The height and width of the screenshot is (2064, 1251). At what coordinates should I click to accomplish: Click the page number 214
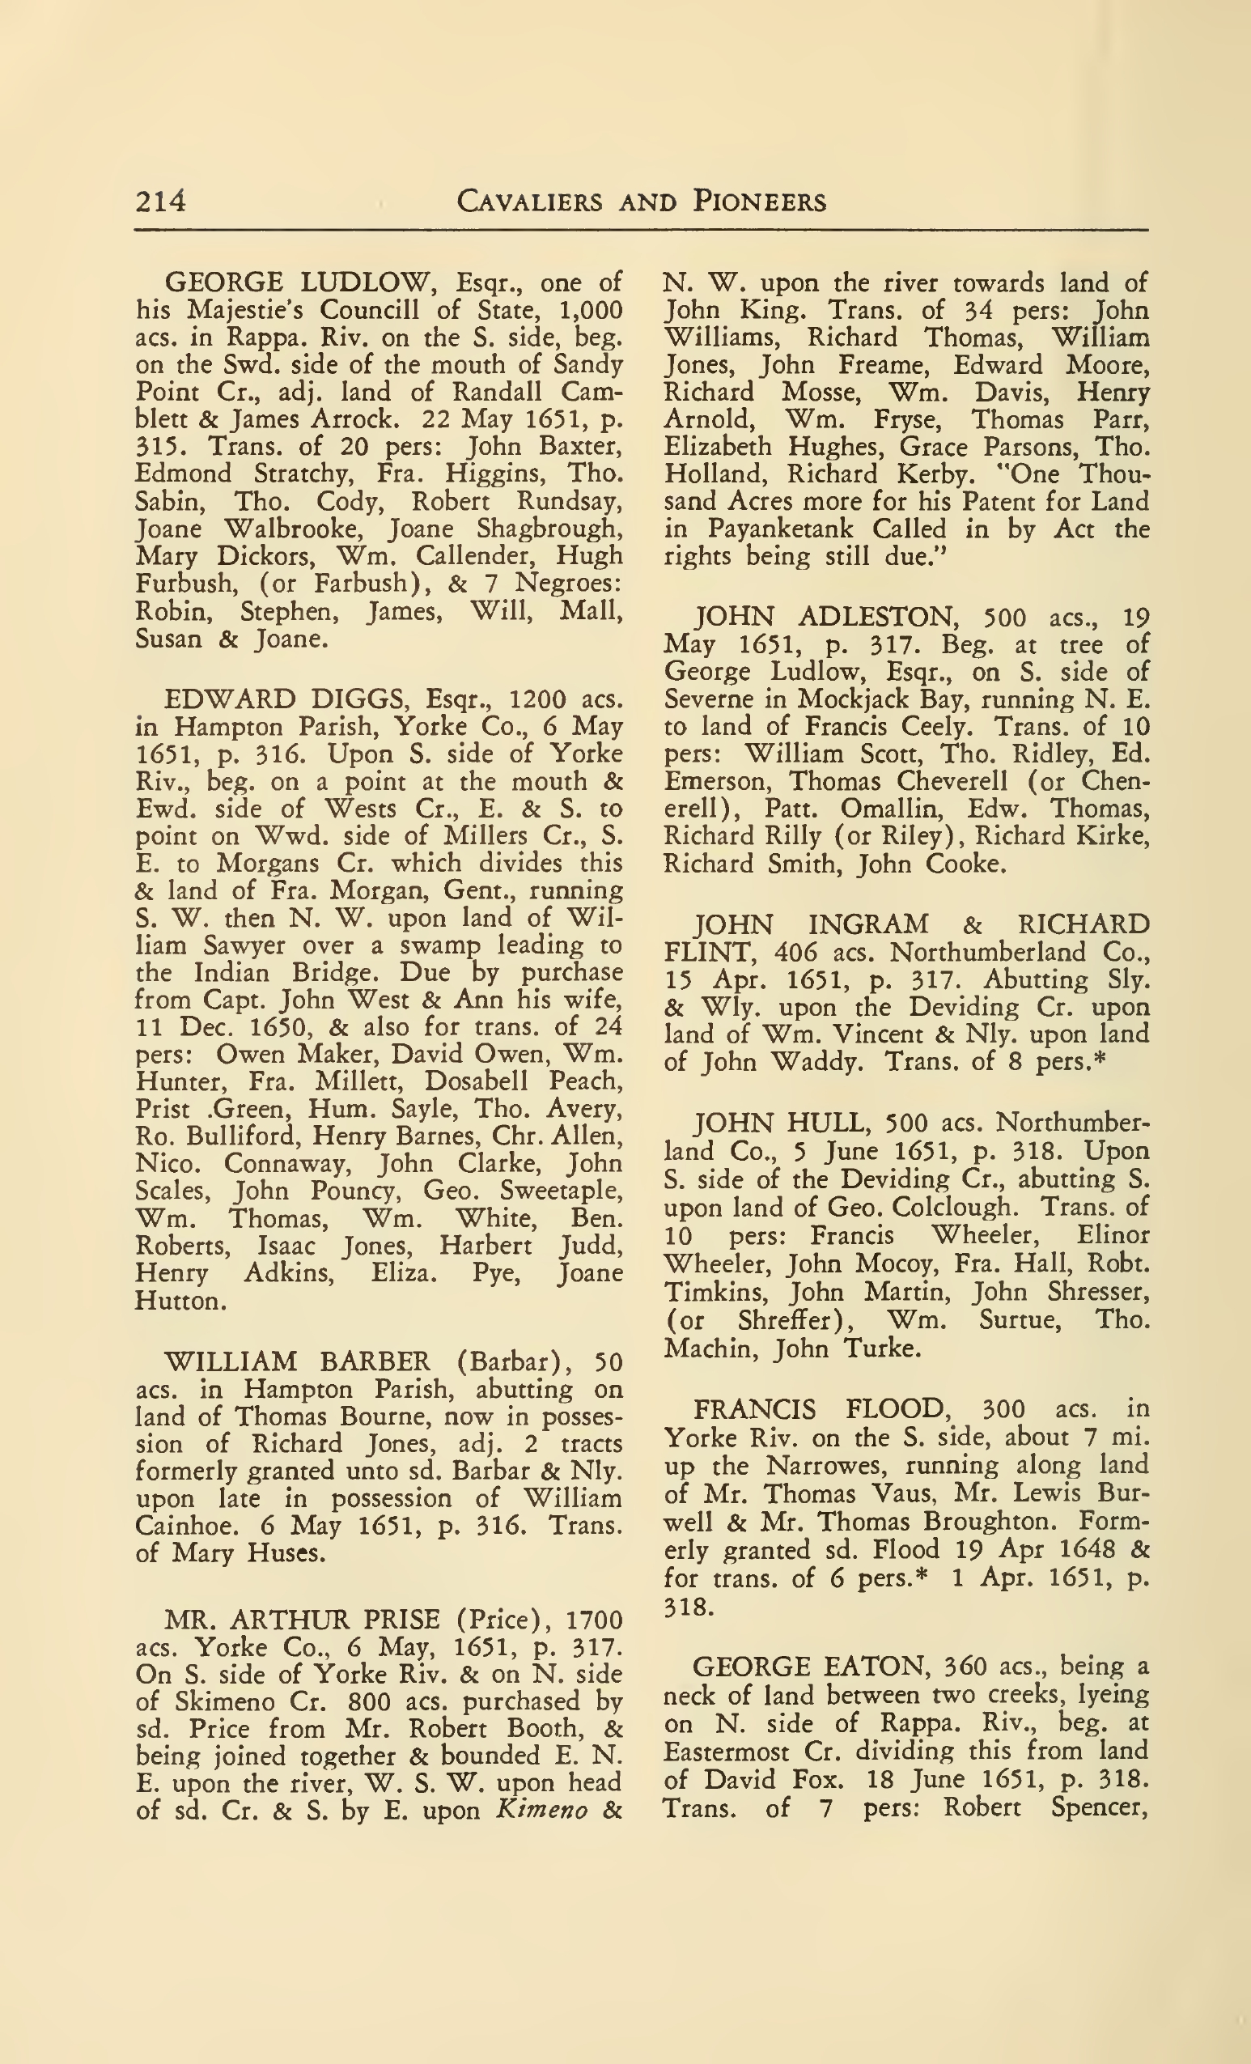pos(160,202)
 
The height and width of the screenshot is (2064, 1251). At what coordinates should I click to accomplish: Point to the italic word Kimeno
pos(541,1810)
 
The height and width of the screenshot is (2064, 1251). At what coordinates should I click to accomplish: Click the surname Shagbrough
pos(549,529)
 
